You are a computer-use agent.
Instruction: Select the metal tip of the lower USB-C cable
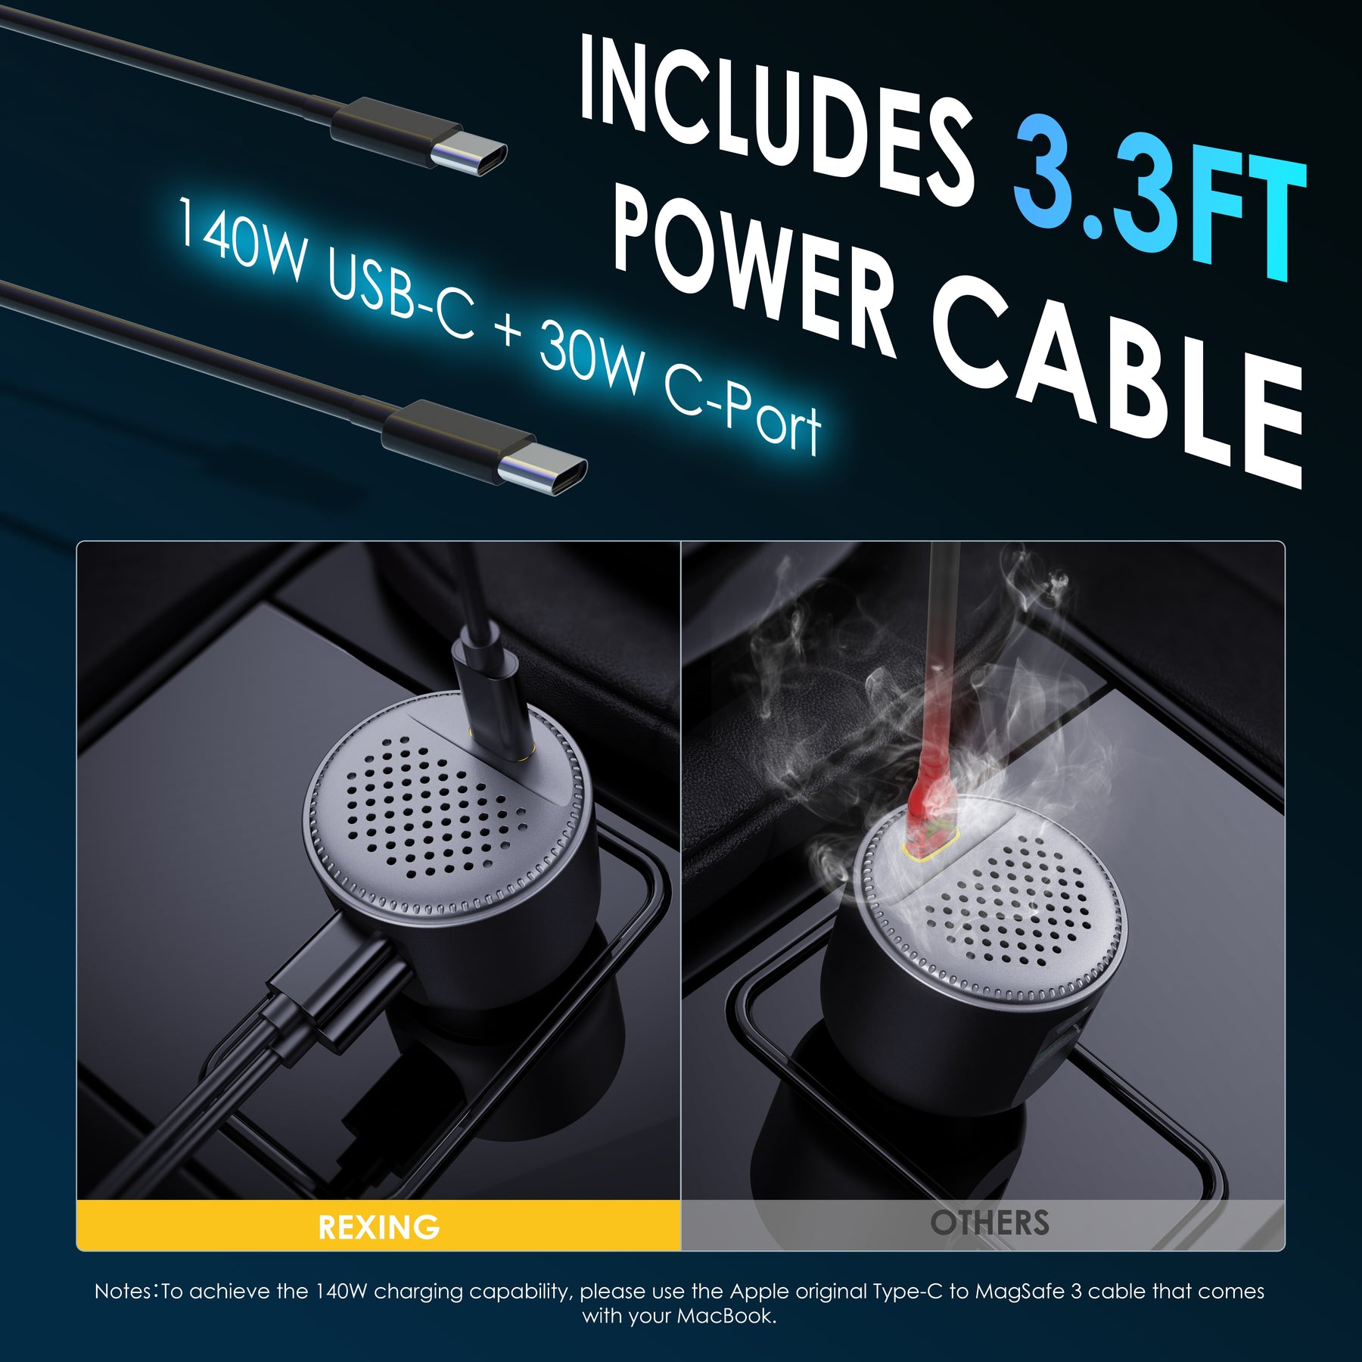542,473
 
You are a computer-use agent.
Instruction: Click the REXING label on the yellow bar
378,1227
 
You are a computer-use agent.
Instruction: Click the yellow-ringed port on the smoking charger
931,845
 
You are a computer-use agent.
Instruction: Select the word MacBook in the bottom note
726,1316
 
